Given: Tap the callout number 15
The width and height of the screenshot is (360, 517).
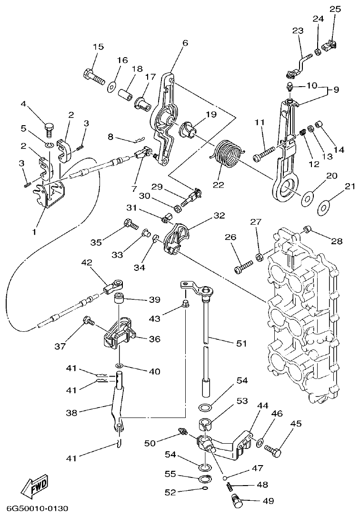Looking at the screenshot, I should [x=98, y=47].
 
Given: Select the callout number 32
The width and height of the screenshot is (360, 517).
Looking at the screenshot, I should [x=219, y=215].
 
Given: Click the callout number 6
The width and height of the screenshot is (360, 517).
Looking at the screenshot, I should [x=185, y=43].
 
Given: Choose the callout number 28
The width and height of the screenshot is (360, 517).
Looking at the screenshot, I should [x=337, y=241].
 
